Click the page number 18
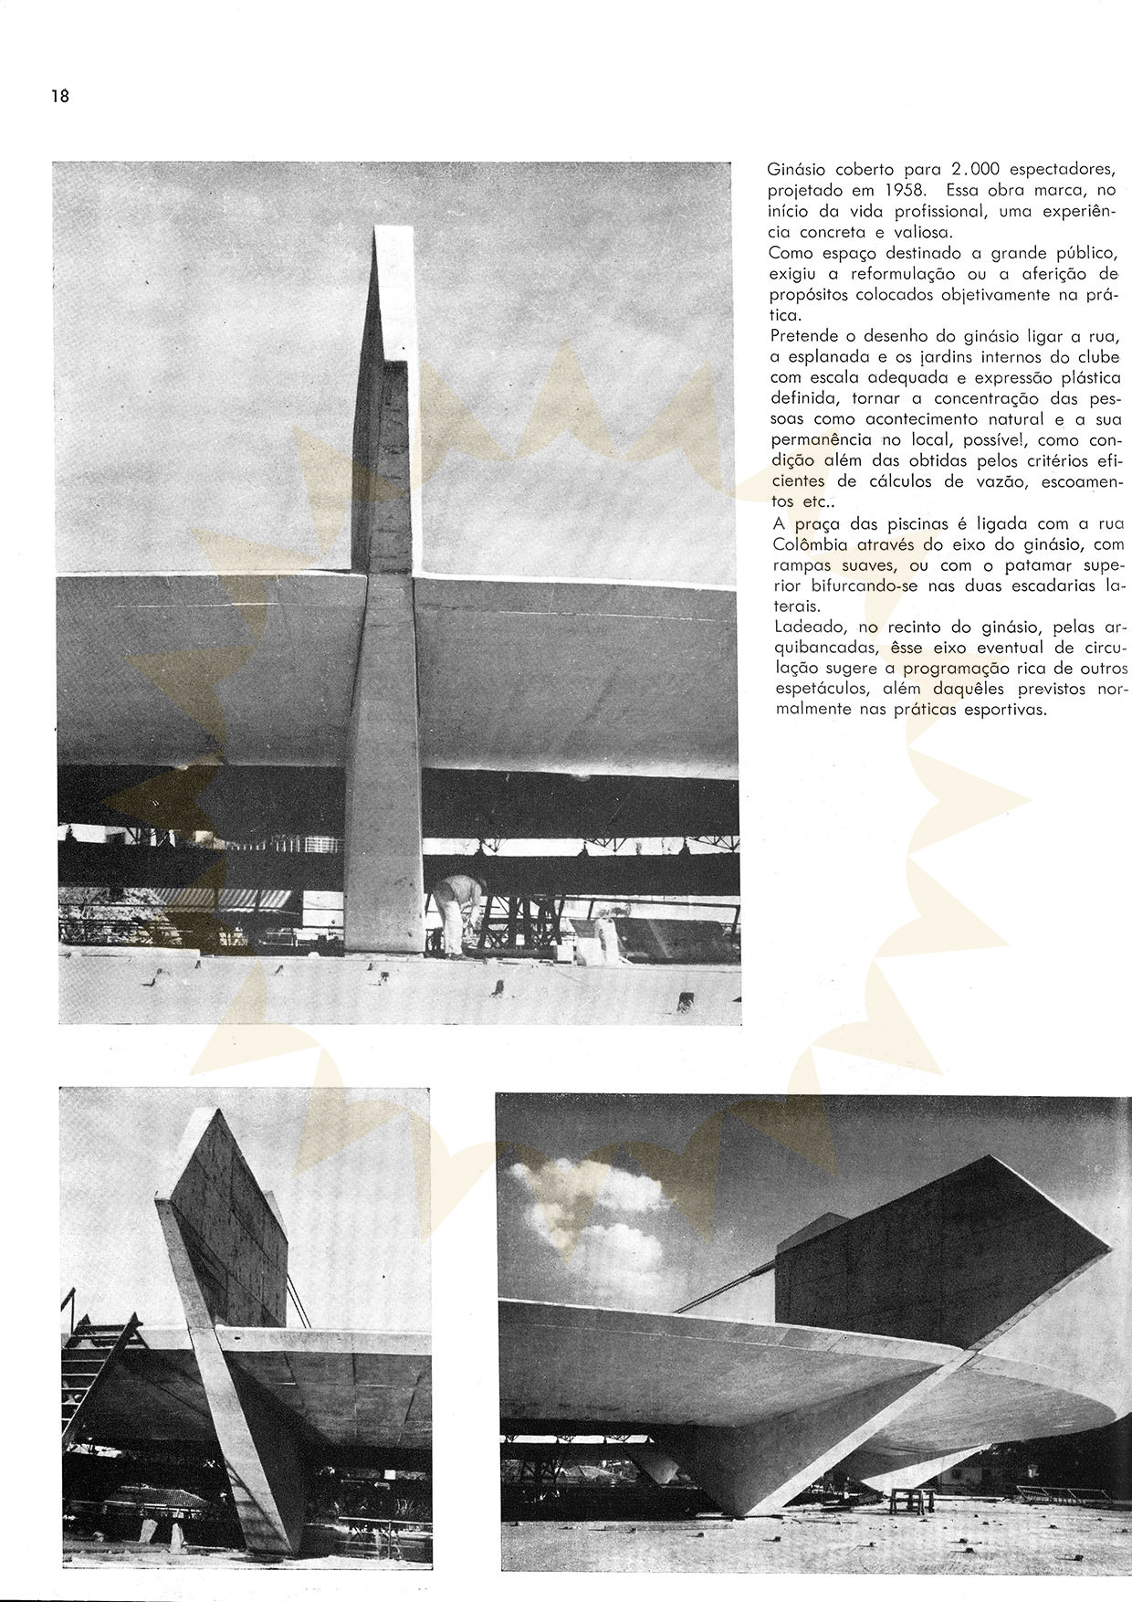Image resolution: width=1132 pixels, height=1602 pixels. (60, 96)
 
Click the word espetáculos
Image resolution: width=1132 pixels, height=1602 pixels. (812, 689)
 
